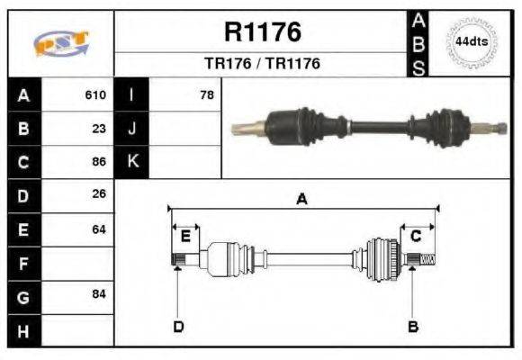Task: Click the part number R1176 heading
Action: point(262,32)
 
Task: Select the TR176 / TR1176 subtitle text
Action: point(262,64)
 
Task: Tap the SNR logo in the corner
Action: point(59,42)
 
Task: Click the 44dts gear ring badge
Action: point(470,42)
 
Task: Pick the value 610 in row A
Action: point(95,94)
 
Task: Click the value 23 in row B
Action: point(99,128)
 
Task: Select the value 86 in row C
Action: point(99,162)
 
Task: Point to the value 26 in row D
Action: point(99,193)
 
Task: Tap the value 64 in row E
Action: point(99,229)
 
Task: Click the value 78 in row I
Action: point(207,94)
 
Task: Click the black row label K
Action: point(132,162)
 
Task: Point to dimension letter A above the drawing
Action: point(301,200)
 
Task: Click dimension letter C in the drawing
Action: point(416,236)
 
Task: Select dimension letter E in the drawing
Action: point(185,236)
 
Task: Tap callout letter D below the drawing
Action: point(178,326)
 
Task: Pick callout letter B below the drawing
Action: point(413,326)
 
